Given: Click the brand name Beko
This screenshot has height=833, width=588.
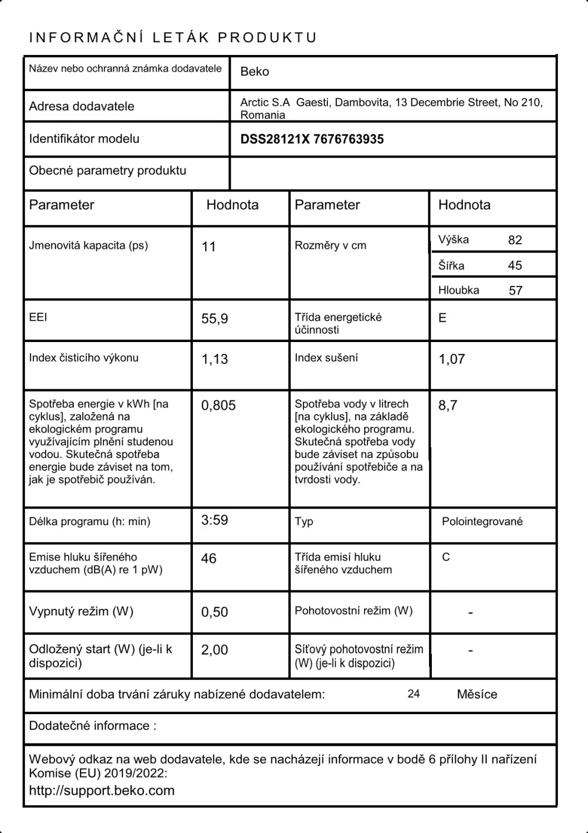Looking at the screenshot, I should tap(255, 72).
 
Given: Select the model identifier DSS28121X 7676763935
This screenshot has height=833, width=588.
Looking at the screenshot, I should tap(312, 139).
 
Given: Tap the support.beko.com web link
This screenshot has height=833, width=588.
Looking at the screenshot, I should tap(102, 790).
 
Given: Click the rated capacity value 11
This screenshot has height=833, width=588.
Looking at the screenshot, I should tap(209, 247).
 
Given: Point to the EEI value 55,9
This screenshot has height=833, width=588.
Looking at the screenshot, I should tap(215, 319).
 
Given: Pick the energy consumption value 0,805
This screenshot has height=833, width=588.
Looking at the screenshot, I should tap(218, 405).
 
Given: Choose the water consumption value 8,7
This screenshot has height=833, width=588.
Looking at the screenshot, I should tap(447, 405).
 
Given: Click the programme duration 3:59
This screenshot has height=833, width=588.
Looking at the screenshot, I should tap(215, 520).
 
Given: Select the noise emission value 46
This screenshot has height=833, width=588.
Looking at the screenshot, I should tap(208, 558).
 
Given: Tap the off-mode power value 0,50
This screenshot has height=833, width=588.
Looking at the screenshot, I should tap(215, 612).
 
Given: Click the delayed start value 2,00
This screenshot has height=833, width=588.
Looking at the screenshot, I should tap(215, 650).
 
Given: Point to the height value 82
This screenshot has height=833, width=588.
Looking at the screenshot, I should tap(515, 240).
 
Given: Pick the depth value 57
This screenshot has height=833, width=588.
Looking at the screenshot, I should tap(515, 290).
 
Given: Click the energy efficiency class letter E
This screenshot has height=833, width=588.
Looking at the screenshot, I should tap(442, 318).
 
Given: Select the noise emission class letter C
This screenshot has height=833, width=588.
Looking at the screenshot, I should tap(446, 557).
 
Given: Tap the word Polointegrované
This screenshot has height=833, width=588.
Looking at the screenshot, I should tap(482, 521).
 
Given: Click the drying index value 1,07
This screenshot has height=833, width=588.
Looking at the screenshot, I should tap(451, 359).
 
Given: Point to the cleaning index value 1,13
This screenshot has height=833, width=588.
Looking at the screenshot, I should tap(215, 359).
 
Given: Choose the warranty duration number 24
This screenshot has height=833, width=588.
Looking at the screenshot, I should tap(413, 694).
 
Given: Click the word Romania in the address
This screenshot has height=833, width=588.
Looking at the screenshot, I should tap(262, 115).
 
